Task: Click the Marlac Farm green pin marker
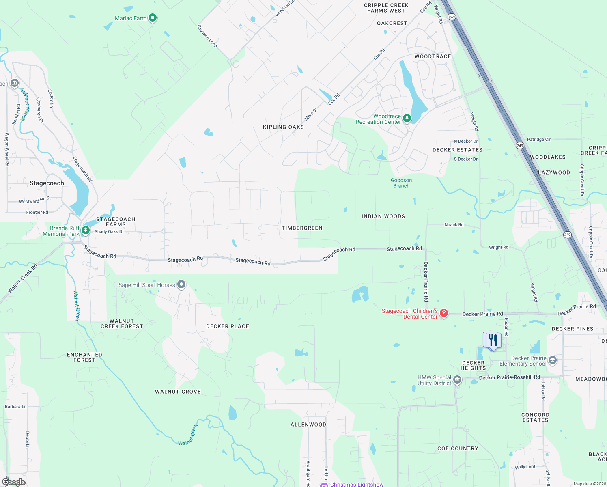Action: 153,17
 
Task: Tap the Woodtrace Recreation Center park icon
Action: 407,118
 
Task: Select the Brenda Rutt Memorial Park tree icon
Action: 85,230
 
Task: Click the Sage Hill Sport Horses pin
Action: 181,284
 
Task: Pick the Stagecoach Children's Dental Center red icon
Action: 443,313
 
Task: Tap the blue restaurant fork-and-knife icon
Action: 493,340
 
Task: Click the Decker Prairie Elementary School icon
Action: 552,360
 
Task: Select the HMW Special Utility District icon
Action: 457,380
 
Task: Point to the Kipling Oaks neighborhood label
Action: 283,127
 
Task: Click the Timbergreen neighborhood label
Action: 302,228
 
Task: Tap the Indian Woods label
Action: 383,216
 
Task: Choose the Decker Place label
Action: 227,326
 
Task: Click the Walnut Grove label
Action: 178,392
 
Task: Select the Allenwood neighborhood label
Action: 308,425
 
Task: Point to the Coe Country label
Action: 458,448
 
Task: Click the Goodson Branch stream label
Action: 401,183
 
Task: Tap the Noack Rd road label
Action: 454,224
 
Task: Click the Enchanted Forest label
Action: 84,357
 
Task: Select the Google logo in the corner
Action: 14,482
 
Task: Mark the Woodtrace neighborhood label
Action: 433,56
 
